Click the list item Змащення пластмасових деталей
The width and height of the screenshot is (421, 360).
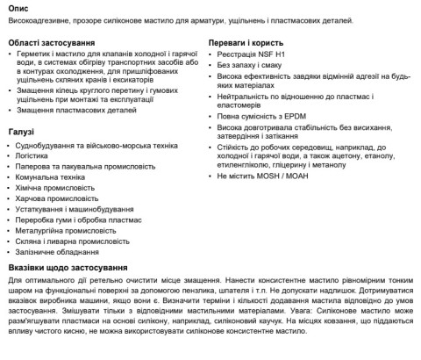click(x=76, y=111)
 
